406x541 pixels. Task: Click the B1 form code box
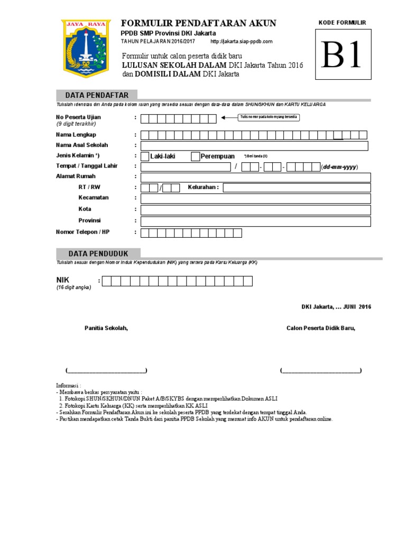click(x=342, y=54)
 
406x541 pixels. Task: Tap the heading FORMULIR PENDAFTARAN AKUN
click(x=199, y=23)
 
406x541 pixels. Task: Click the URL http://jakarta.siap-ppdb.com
click(x=242, y=41)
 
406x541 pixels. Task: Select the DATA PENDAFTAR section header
click(x=97, y=95)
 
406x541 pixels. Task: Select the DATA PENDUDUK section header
click(x=97, y=254)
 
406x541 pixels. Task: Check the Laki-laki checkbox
click(x=145, y=156)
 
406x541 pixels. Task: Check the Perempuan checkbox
click(x=195, y=156)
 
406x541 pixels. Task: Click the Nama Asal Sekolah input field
click(x=255, y=145)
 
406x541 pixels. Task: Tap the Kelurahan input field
click(x=297, y=188)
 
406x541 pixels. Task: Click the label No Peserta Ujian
click(x=78, y=117)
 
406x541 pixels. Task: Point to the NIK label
click(x=63, y=279)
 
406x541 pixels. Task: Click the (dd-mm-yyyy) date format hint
click(x=339, y=167)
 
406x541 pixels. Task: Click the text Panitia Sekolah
click(x=106, y=328)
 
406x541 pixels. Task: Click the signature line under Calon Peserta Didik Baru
click(x=321, y=370)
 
